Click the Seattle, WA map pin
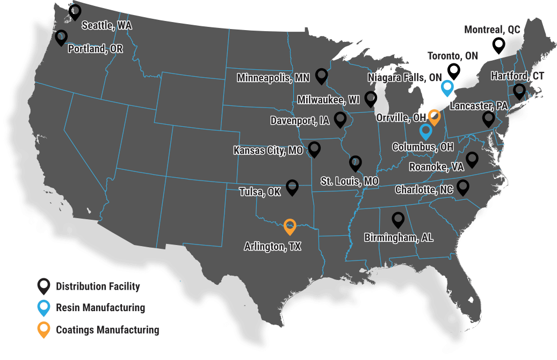pyautogui.click(x=75, y=11)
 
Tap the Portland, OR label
pyautogui.click(x=96, y=49)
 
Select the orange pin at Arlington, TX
pyautogui.click(x=290, y=226)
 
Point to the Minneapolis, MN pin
pyautogui.click(x=322, y=76)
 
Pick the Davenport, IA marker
pyautogui.click(x=340, y=119)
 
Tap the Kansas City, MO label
pyautogui.click(x=268, y=150)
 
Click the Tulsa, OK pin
pyautogui.click(x=292, y=186)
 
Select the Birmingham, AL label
pyautogui.click(x=399, y=237)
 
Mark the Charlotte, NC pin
pyautogui.click(x=462, y=187)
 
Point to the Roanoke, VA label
pyautogui.click(x=436, y=167)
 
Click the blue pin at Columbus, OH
pyautogui.click(x=426, y=131)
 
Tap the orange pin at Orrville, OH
pyautogui.click(x=435, y=117)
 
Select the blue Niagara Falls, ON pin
pyautogui.click(x=447, y=87)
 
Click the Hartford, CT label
pyautogui.click(x=517, y=76)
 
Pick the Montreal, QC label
pyautogui.click(x=492, y=30)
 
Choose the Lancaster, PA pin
pyautogui.click(x=488, y=119)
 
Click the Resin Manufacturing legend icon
pyautogui.click(x=44, y=307)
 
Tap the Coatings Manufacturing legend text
pyautogui.click(x=107, y=330)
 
